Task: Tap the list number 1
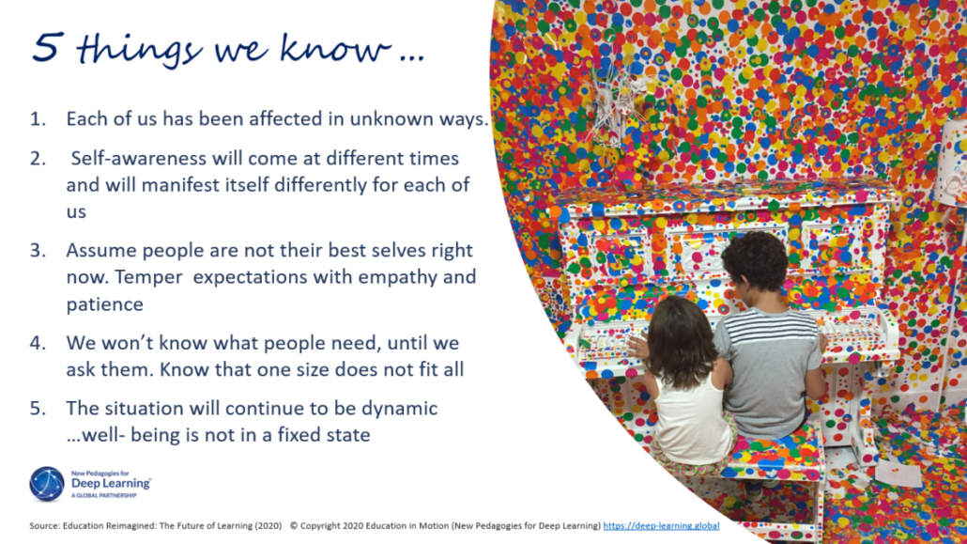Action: click(37, 120)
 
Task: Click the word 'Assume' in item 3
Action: click(99, 251)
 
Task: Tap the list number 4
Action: click(37, 343)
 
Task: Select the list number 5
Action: click(37, 410)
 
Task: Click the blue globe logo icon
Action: click(47, 483)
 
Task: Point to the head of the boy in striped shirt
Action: click(756, 262)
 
